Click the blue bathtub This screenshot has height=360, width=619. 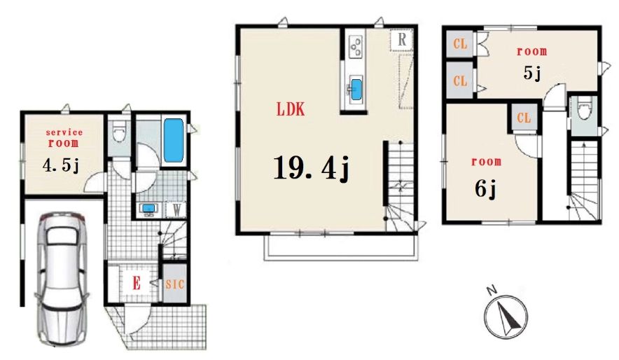pyautogui.click(x=174, y=140)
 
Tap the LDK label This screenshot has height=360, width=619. pyautogui.click(x=291, y=109)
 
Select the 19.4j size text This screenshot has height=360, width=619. pyautogui.click(x=311, y=168)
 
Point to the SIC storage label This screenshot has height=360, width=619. pyautogui.click(x=174, y=284)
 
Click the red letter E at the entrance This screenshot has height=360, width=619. pyautogui.click(x=137, y=283)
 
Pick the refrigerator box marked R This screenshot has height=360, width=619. pyautogui.click(x=401, y=39)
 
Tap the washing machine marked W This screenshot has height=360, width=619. pyautogui.click(x=176, y=209)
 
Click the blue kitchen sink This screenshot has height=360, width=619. pyautogui.click(x=356, y=89)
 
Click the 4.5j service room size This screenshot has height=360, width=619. pyautogui.click(x=61, y=166)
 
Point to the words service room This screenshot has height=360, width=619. pyautogui.click(x=64, y=137)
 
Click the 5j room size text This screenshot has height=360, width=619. pyautogui.click(x=531, y=73)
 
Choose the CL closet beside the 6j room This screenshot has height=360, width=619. pyautogui.click(x=524, y=118)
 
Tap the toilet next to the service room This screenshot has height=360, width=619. pyautogui.click(x=119, y=132)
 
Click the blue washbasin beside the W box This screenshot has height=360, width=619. pyautogui.click(x=149, y=209)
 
